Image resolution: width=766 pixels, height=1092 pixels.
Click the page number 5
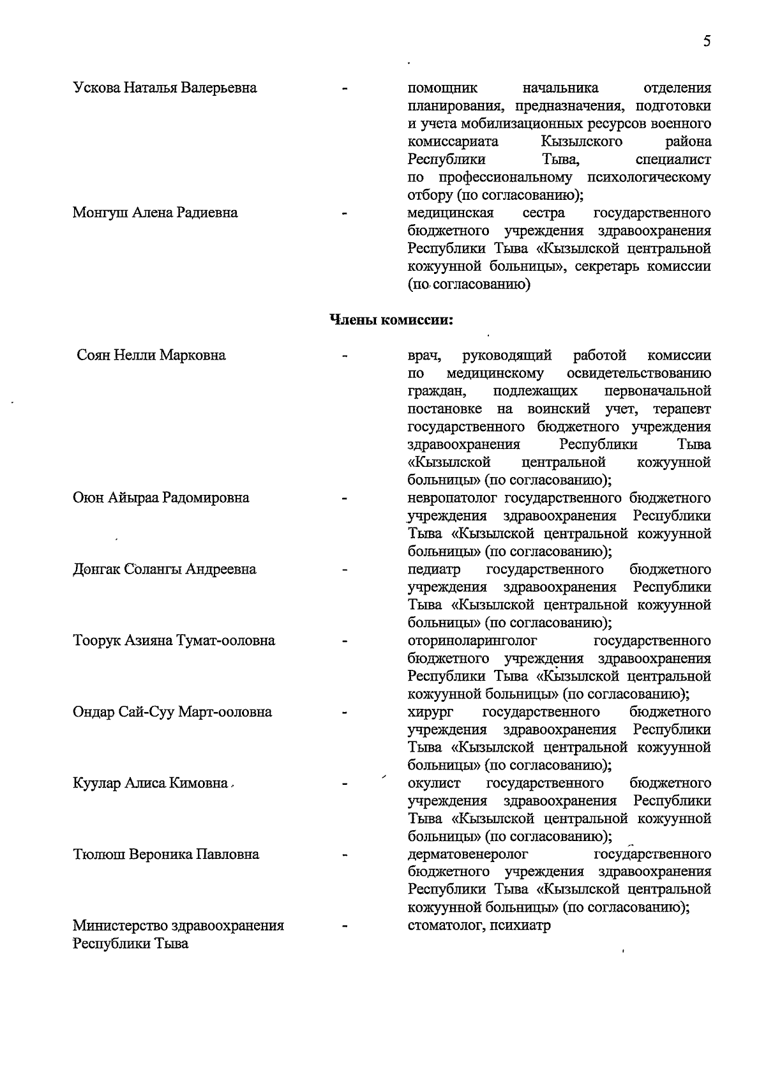pos(707,42)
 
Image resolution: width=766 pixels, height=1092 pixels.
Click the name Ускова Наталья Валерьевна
pos(165,87)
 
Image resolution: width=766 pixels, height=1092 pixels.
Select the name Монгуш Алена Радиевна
pos(155,213)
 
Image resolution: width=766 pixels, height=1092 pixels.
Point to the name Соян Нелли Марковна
pos(151,355)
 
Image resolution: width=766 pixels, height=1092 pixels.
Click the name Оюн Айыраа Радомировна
pos(161,497)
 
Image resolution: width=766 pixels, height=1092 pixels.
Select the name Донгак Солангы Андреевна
pos(165,569)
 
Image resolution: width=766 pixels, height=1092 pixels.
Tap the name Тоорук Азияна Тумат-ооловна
pos(174,641)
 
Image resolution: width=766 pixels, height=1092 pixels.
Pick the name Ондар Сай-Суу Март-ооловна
pos(172,712)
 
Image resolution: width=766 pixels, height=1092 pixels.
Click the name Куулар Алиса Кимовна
pos(151,783)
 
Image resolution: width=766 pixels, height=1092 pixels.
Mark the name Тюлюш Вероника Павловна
pos(166,854)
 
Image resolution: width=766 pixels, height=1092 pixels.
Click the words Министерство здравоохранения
pos(178,925)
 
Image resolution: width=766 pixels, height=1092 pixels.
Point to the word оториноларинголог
pos(472,641)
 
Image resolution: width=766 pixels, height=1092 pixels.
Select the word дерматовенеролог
pos(468,854)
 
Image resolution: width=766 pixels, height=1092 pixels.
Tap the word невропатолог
pos(454,497)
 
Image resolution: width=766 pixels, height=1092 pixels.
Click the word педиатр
pos(434,569)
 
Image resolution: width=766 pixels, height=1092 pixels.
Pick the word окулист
pos(433,783)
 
